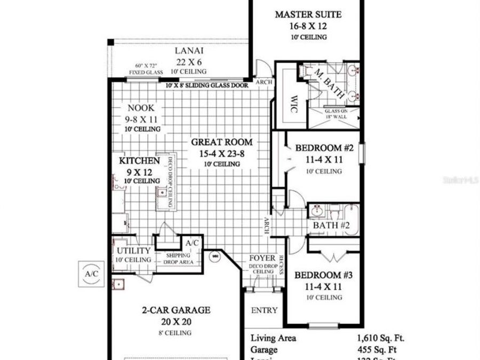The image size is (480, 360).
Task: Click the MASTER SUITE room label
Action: [308, 14]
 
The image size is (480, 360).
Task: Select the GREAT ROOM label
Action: [222, 142]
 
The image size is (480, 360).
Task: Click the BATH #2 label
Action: [331, 226]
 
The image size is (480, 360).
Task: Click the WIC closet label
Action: [294, 101]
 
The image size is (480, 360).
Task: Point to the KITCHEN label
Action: [139, 161]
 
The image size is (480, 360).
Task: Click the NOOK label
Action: [141, 108]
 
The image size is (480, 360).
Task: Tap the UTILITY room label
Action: [130, 250]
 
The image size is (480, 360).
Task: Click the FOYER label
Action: [262, 258]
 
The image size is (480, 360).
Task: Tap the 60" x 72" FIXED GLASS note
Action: [145, 70]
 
